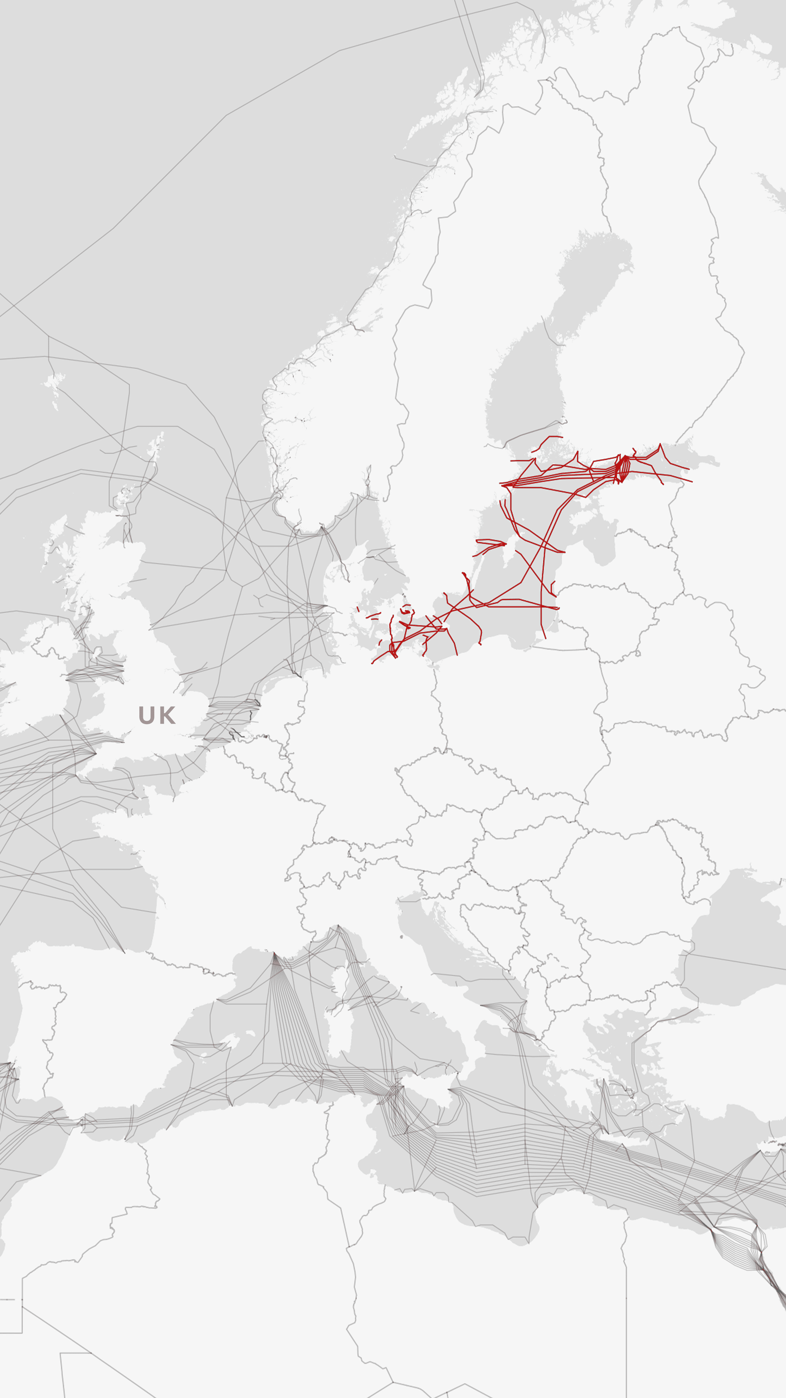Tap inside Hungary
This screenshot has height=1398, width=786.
[x=521, y=857]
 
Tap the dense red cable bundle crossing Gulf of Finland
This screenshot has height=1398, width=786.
[x=623, y=468]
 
